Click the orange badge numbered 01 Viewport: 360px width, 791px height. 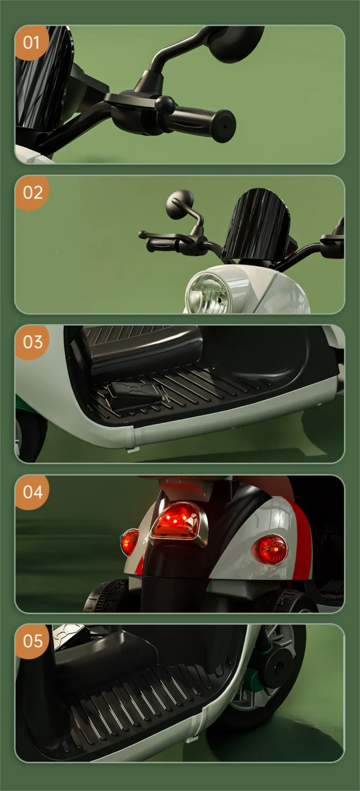pos(31,42)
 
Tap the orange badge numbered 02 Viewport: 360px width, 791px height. pos(32,192)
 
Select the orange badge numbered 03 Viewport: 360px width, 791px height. pos(32,342)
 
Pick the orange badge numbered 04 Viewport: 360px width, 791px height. pos(32,492)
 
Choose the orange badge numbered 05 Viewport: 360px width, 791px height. pos(32,641)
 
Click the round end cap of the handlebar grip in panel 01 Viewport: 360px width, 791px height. pos(224,126)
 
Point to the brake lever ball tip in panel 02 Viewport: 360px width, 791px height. pos(142,234)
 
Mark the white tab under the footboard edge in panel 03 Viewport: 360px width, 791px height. pos(132,450)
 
